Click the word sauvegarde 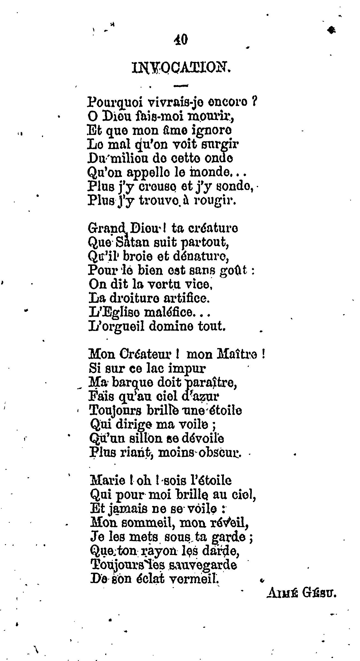pos(202,565)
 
